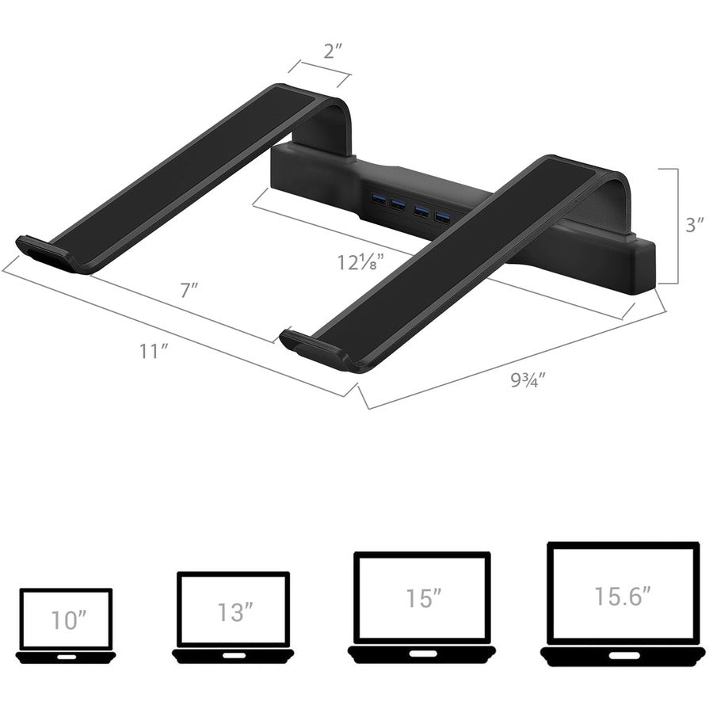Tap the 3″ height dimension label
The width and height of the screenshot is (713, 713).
coord(695,225)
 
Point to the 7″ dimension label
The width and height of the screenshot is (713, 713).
coord(189,290)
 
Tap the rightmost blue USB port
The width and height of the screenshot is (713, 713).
coord(441,215)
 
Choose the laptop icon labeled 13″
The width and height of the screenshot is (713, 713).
coord(233,617)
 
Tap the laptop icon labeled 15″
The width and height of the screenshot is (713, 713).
coord(421,608)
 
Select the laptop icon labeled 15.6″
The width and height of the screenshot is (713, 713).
coord(623,604)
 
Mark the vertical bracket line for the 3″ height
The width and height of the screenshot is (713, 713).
coord(676,225)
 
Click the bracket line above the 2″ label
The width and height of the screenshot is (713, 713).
coord(319,69)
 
